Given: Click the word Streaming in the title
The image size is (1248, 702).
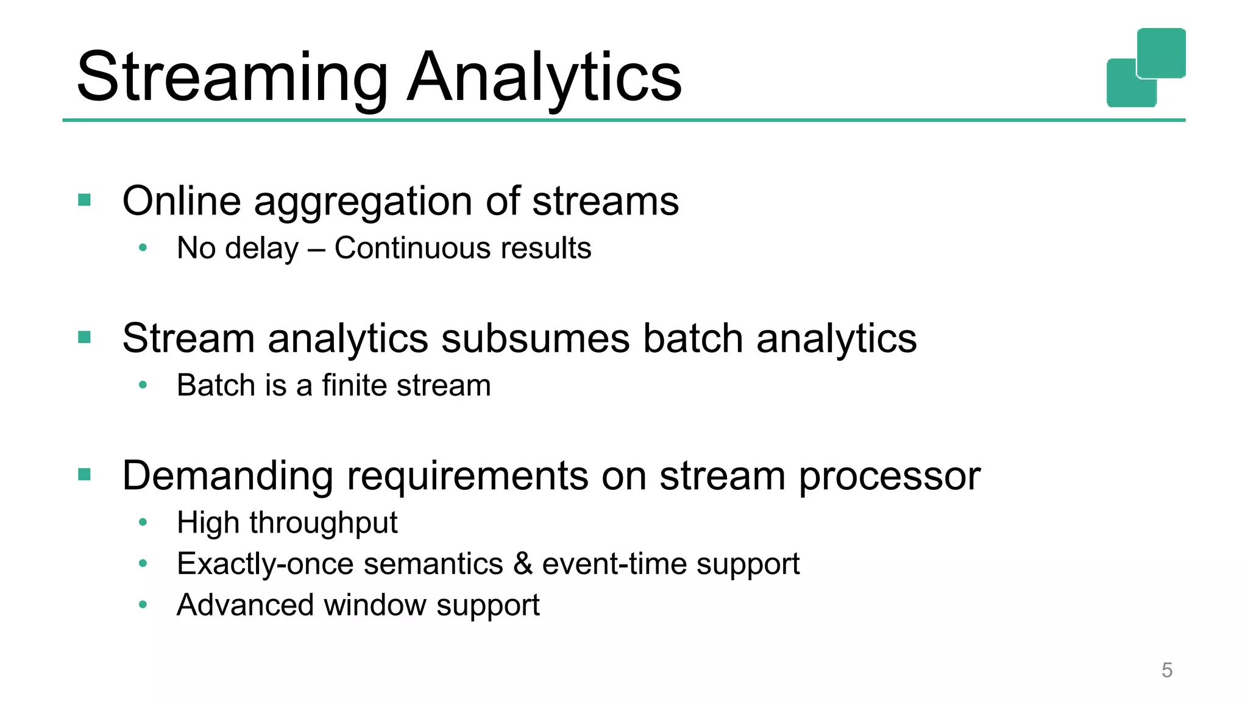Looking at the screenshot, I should [232, 78].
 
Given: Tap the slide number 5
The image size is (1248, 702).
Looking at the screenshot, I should [1167, 670].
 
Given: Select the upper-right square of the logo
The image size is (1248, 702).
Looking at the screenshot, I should [1161, 52].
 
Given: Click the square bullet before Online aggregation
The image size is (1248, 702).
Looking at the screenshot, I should [85, 200].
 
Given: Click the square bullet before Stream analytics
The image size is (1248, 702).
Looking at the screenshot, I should [85, 337].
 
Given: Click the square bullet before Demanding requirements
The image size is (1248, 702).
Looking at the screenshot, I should [85, 474].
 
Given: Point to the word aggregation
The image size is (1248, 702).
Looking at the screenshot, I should [363, 202].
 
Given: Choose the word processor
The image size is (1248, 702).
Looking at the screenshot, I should [889, 477].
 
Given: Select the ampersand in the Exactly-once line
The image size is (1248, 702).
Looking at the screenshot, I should [523, 563].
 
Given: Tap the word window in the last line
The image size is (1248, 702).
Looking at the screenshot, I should [375, 605].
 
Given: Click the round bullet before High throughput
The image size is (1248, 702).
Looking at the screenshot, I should [143, 522].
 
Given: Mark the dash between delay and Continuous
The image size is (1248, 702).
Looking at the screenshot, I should [316, 249].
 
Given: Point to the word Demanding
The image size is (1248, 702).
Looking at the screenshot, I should [227, 477].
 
